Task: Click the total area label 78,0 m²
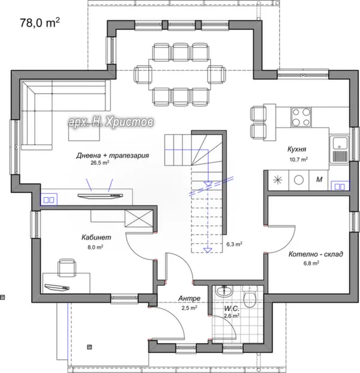tap(40, 23)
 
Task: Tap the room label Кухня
tap(297, 150)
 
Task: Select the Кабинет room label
tap(96, 237)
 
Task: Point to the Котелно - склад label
tap(316, 254)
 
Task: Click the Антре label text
tap(189, 299)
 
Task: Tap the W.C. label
tap(232, 309)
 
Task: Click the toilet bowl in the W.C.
tap(250, 297)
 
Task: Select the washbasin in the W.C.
tap(224, 291)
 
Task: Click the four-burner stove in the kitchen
tap(301, 117)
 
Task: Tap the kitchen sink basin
tap(340, 144)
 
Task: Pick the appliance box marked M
tap(319, 180)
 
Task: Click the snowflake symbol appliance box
tap(278, 180)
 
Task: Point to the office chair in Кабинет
tap(67, 267)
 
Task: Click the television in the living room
tap(100, 196)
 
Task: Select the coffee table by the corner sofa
tap(84, 132)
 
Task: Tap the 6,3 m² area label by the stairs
tap(234, 244)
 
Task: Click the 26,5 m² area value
tap(100, 163)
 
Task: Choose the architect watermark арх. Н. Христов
tap(111, 123)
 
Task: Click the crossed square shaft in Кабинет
tap(139, 218)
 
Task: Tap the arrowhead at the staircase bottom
tap(208, 250)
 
